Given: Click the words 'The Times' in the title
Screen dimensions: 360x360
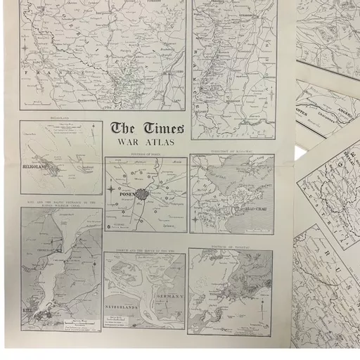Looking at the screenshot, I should [x=148, y=129].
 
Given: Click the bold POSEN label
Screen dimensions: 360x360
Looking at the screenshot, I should [x=121, y=190].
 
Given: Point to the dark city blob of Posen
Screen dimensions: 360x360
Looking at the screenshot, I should [x=141, y=195].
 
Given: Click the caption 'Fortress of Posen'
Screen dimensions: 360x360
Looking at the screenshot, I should [x=146, y=154].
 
